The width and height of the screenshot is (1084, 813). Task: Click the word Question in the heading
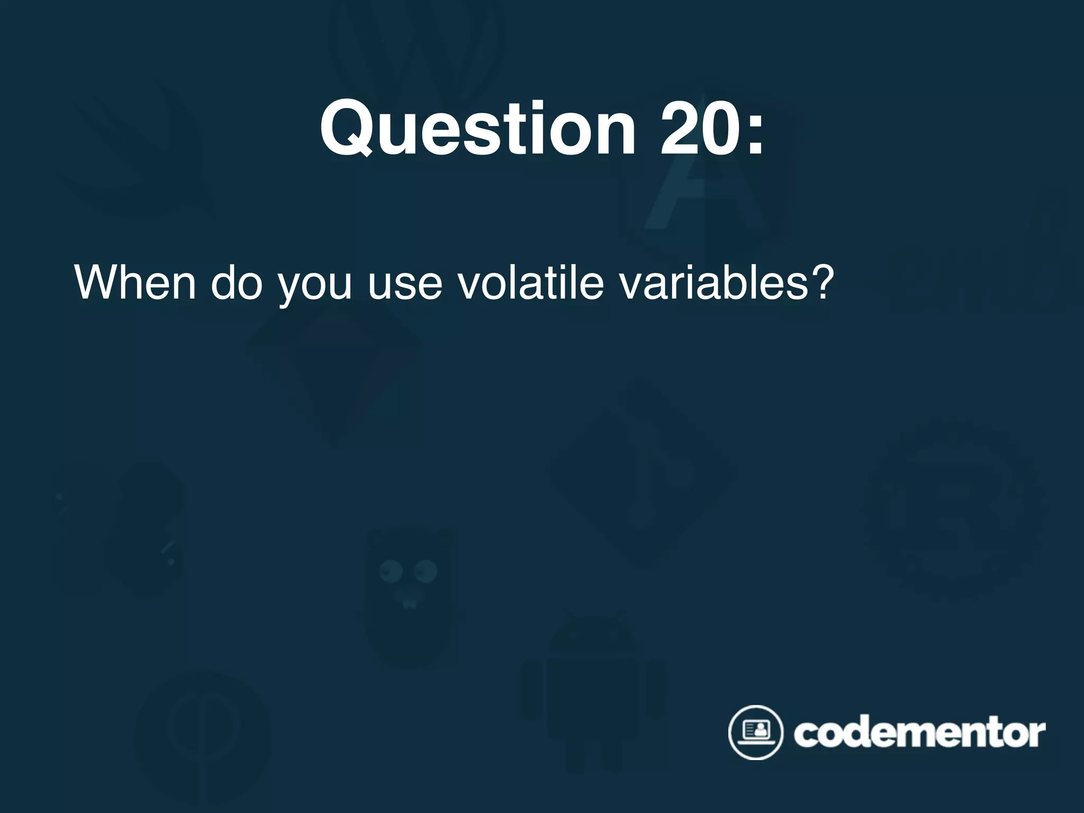[x=476, y=130]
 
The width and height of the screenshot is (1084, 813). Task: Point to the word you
[x=314, y=286]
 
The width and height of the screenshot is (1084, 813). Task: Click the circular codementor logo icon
[x=755, y=733]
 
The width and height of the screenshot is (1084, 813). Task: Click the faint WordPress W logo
[x=413, y=48]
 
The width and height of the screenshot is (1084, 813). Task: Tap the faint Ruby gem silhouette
[x=333, y=371]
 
